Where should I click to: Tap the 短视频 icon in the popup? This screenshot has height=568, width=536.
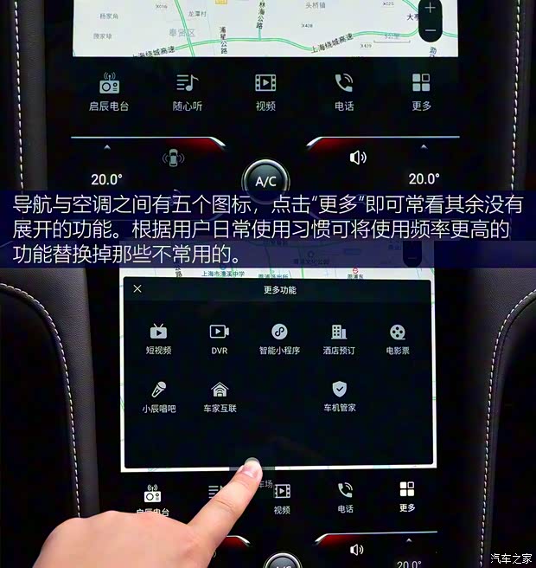tap(158, 332)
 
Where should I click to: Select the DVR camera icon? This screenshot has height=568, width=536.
tap(220, 332)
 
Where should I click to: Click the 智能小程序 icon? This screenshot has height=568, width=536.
tap(279, 332)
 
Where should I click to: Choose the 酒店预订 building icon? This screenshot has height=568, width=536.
tap(339, 332)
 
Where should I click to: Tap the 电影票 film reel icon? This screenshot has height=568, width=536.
tap(397, 332)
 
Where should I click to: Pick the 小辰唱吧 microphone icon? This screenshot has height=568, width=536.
tap(158, 389)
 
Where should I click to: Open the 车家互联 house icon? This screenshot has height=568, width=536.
tap(220, 389)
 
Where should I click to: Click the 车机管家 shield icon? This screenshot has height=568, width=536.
tap(340, 389)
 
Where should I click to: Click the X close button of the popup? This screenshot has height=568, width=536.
tap(137, 289)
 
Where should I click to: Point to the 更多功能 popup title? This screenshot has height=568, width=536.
tap(279, 290)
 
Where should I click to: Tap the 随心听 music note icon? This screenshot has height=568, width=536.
tap(187, 83)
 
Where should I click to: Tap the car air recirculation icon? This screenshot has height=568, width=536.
tap(173, 158)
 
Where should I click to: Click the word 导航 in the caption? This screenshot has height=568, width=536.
tap(31, 206)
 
